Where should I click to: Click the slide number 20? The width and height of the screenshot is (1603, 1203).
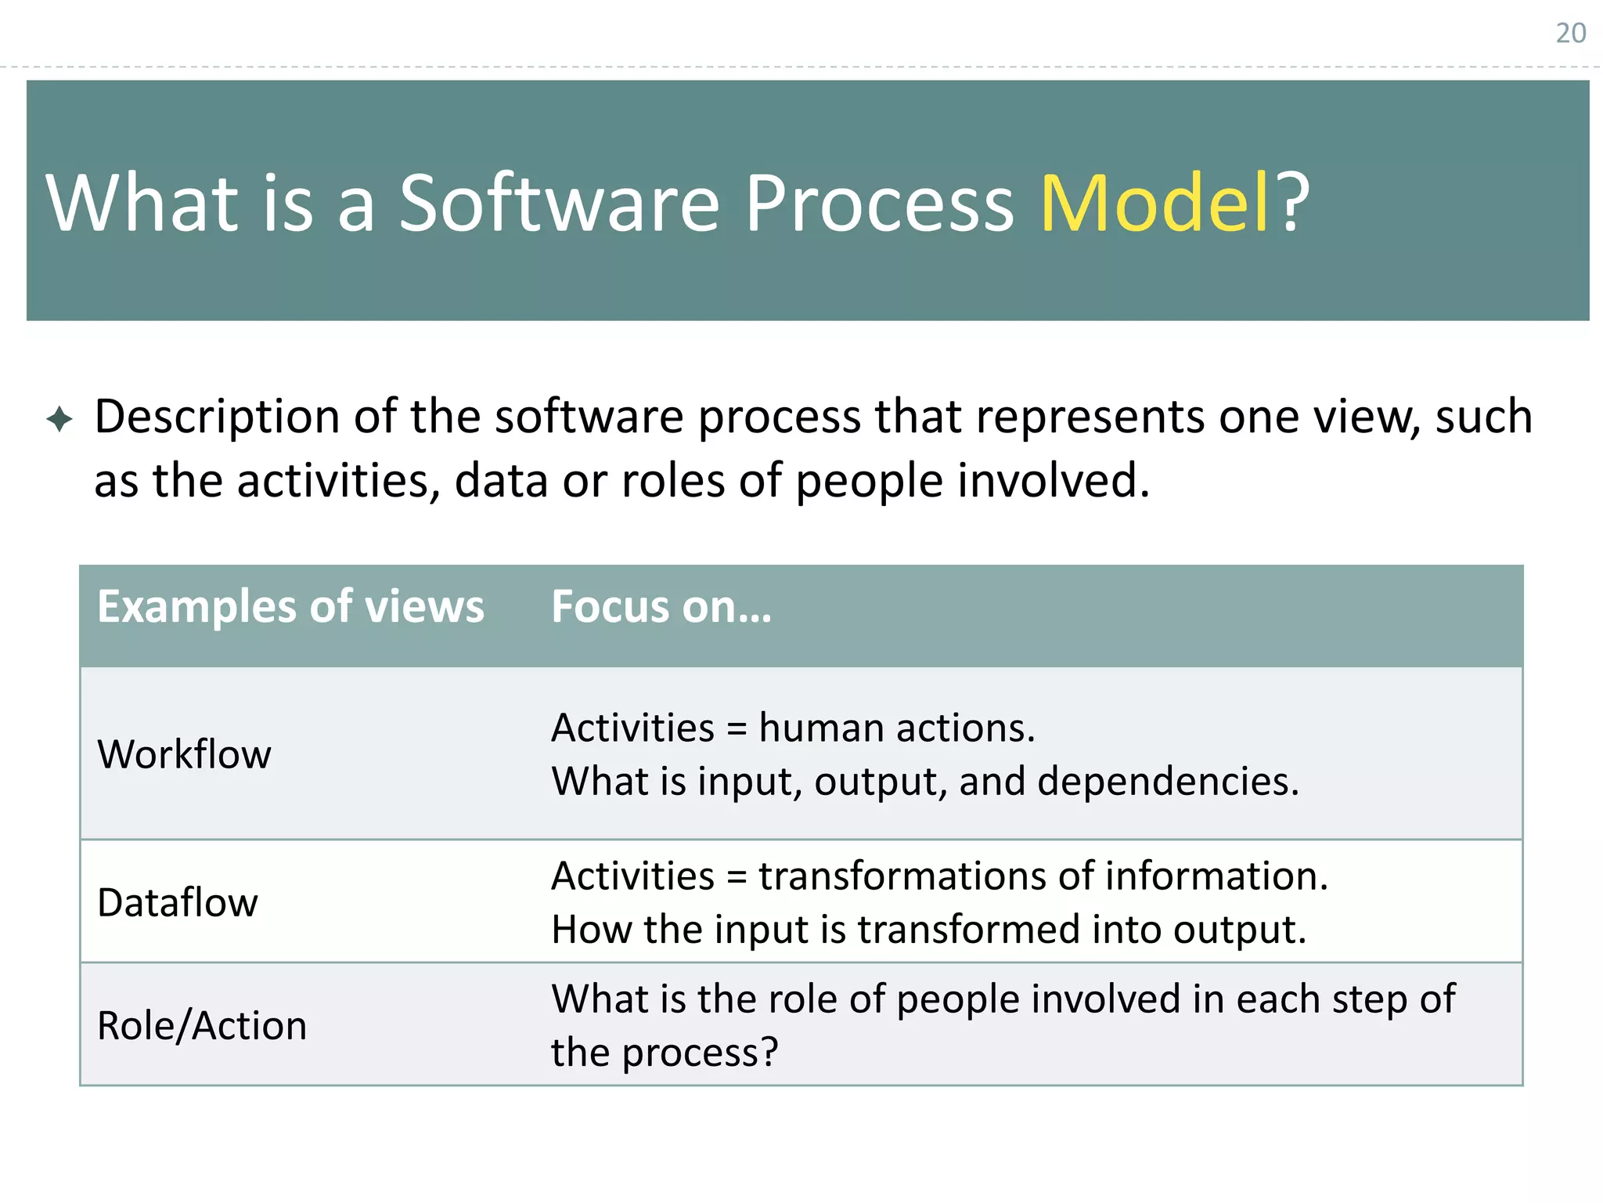point(1570,33)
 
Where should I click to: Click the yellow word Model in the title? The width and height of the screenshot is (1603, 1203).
point(1154,204)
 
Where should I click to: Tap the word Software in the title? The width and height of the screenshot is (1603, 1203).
point(559,204)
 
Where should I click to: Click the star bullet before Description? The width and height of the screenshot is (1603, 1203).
point(59,419)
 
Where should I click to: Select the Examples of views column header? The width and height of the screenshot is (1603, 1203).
point(290,607)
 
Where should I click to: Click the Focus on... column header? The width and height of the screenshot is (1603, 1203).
point(661,607)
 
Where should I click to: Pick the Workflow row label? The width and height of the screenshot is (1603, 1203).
point(184,754)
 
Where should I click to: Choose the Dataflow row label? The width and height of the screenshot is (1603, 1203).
point(178,902)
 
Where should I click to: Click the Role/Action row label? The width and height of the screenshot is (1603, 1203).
point(202,1025)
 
